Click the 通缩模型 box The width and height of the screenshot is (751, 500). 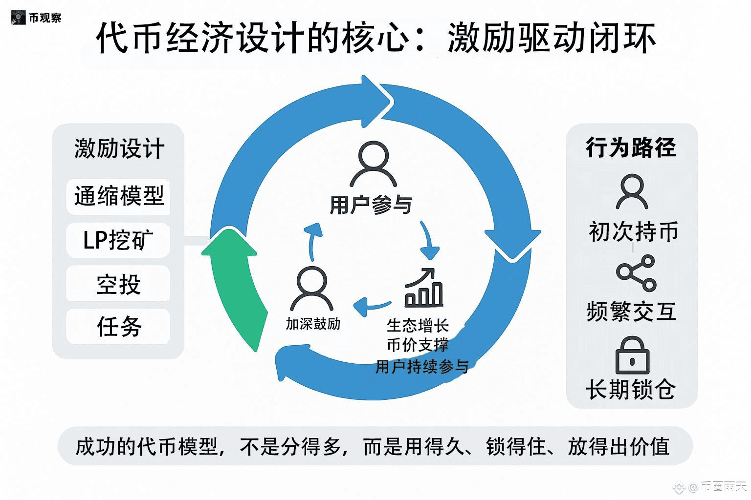pos(118,196)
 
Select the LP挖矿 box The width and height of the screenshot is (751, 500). pos(118,240)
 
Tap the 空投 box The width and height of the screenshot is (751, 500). pos(118,284)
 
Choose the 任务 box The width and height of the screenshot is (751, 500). pos(118,326)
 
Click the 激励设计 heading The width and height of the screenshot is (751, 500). pos(119,148)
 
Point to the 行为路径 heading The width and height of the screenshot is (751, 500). pos(631,147)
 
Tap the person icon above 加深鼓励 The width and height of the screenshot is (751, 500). pos(312,289)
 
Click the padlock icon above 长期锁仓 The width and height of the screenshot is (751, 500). pos(632,355)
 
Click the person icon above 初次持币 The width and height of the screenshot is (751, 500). pos(632,192)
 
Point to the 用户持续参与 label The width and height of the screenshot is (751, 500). pos(422,366)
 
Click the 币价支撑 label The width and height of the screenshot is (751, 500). pos(418,345)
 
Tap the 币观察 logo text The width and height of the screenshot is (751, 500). pos(45,18)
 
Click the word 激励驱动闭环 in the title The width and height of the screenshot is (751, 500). pos(551,38)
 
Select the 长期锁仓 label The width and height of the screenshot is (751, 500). pos(631,390)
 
